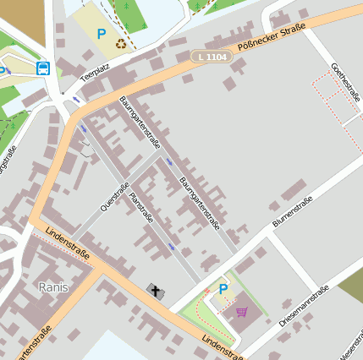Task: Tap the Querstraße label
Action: coord(113,196)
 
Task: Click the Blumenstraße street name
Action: coord(293,211)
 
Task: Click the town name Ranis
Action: coord(53,287)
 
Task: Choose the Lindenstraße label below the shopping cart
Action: coord(223,345)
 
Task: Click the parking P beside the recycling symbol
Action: coord(102,35)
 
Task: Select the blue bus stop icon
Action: coord(42,68)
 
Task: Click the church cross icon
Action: coord(156,292)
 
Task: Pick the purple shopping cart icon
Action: coord(242,311)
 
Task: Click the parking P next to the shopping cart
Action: coord(223,289)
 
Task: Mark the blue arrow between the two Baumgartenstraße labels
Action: coord(170,161)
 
